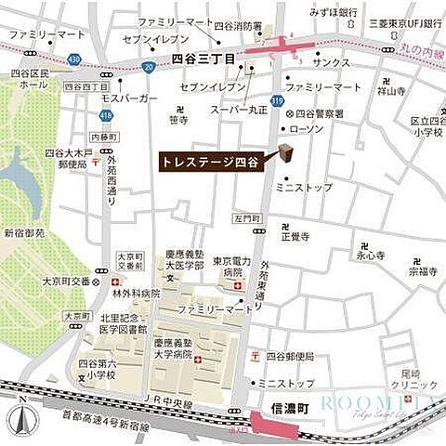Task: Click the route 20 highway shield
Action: (148, 67)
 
